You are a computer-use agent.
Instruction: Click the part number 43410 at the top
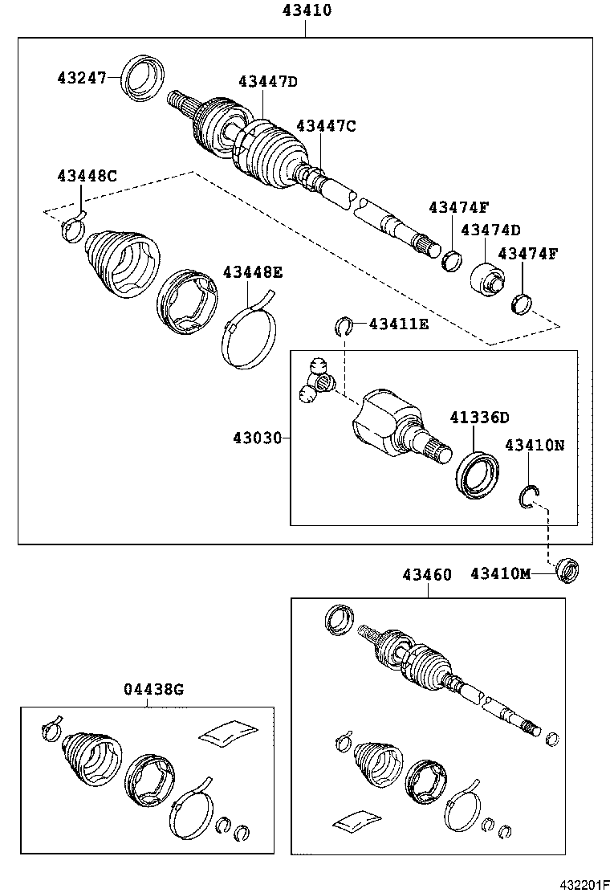(x=306, y=11)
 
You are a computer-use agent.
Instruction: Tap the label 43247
(x=83, y=78)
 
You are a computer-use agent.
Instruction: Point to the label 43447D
(x=267, y=82)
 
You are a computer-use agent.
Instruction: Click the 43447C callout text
(x=325, y=126)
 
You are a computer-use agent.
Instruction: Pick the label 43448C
(x=87, y=176)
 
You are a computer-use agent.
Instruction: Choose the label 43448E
(x=252, y=272)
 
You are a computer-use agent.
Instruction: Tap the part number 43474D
(x=490, y=230)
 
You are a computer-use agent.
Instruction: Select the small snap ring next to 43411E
(x=344, y=325)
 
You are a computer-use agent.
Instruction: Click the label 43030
(x=258, y=438)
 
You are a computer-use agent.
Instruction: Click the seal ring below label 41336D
(x=478, y=475)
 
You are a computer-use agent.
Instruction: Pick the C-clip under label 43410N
(x=530, y=499)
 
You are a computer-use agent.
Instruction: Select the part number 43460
(x=427, y=574)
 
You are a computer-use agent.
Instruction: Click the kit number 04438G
(x=153, y=689)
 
